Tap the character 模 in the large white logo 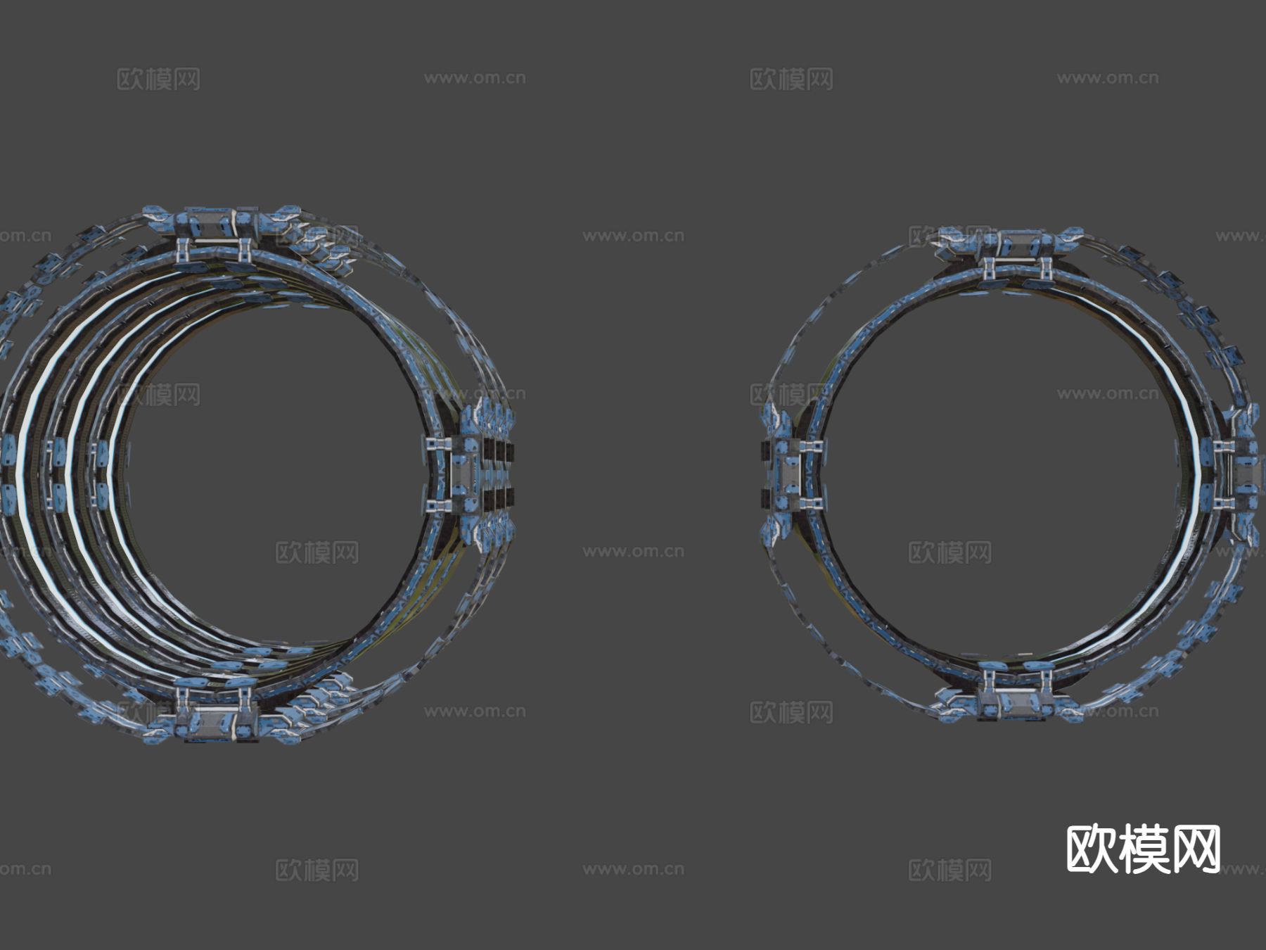[x=1143, y=849]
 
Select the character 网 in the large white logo [x=1195, y=849]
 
